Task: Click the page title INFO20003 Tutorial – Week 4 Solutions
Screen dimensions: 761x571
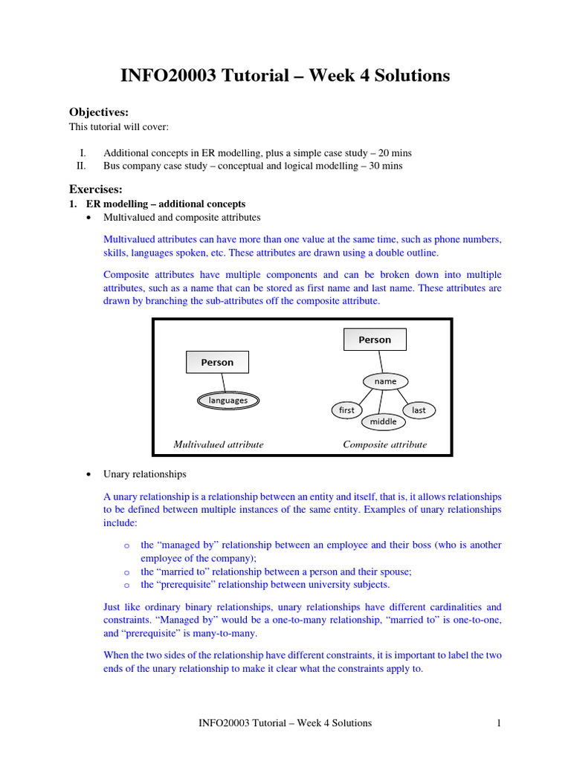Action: [x=285, y=76]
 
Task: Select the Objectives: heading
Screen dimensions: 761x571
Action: [x=99, y=112]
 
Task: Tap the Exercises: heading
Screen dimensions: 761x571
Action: [x=96, y=189]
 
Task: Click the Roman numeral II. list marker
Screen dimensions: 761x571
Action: [x=82, y=166]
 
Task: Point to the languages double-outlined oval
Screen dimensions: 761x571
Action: [x=228, y=401]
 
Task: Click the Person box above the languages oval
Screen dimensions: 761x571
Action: [x=217, y=362]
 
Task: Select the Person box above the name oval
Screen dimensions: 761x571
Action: [x=375, y=340]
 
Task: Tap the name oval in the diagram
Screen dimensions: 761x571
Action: [x=385, y=381]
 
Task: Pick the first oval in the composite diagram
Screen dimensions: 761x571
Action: [x=346, y=410]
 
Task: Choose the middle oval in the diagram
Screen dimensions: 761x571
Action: [x=384, y=422]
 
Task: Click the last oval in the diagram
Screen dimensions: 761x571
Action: [x=419, y=410]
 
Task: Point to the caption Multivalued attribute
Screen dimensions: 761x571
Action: [x=219, y=444]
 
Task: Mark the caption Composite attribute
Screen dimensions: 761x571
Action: [x=384, y=444]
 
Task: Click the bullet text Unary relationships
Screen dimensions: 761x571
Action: [x=145, y=473]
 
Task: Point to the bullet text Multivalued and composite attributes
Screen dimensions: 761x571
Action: [x=182, y=217]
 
